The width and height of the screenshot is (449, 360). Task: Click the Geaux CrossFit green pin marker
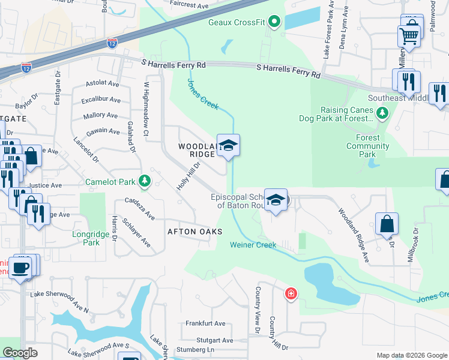click(x=274, y=23)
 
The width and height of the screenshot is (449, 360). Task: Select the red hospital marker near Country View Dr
click(x=291, y=293)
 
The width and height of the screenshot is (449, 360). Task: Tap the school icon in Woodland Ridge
click(x=228, y=145)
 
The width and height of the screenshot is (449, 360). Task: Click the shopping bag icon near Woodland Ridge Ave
click(x=387, y=224)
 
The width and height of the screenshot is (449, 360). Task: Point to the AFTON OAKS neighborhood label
click(x=194, y=232)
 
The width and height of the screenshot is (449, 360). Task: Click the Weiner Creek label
click(x=253, y=245)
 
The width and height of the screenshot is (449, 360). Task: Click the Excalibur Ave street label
click(x=101, y=100)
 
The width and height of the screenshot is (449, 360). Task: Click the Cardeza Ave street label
click(x=140, y=208)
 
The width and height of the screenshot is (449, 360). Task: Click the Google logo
click(x=20, y=353)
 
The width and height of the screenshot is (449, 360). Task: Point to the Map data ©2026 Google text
click(x=411, y=355)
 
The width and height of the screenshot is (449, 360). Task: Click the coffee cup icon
click(x=21, y=266)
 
